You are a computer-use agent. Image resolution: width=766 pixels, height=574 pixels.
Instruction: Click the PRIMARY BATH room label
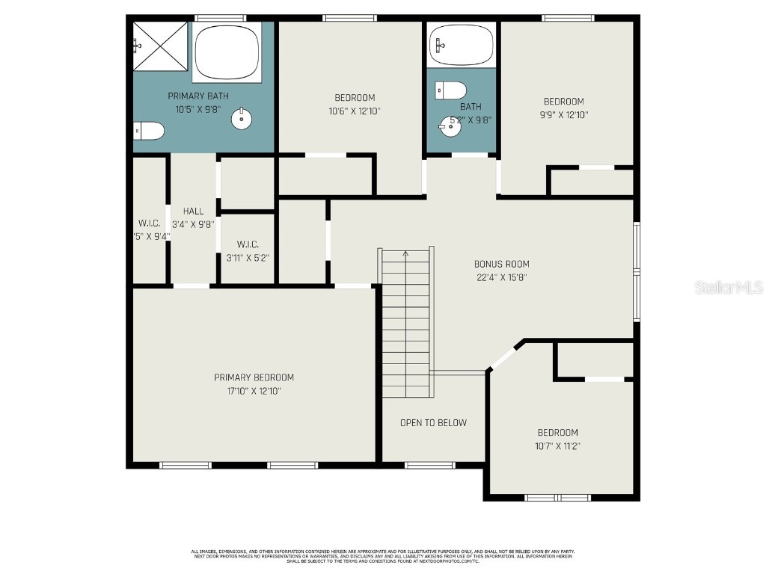coord(197,96)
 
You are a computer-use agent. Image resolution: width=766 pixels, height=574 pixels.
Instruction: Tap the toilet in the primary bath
coord(149,132)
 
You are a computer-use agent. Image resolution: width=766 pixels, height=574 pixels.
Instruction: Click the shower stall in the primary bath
coord(160,46)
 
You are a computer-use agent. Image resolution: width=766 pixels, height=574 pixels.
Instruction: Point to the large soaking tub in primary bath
coord(227,52)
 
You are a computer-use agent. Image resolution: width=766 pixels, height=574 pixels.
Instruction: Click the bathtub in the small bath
coord(462,45)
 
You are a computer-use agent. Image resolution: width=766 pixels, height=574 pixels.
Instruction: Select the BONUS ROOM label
coord(501,264)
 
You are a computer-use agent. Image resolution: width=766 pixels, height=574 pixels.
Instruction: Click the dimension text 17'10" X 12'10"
coord(254,391)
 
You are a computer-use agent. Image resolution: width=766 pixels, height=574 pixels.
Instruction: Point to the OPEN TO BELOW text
coord(433,423)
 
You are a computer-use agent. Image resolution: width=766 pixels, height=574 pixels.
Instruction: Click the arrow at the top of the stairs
coord(406,254)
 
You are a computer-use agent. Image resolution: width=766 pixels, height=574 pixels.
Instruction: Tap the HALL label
coord(193,212)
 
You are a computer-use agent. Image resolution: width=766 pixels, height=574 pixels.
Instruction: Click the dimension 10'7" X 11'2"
coord(557,446)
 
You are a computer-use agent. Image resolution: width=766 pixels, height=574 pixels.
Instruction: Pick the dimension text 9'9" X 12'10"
coord(563,115)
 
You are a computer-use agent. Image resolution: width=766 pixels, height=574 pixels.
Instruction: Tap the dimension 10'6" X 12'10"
coord(354,111)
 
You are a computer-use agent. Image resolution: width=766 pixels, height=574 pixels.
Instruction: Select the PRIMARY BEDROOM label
coord(254,377)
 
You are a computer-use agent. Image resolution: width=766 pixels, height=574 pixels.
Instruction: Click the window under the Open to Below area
coord(429,466)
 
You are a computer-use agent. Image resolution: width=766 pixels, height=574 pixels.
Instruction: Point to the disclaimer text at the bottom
coord(382,556)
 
